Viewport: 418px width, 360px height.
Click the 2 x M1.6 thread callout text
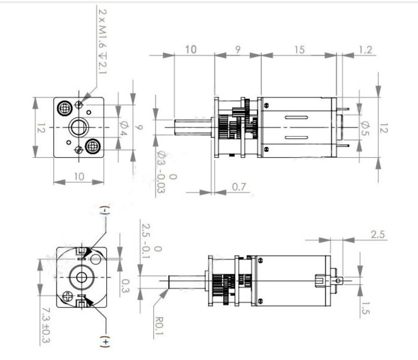click(x=102, y=41)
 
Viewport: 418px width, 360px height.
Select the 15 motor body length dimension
click(x=299, y=50)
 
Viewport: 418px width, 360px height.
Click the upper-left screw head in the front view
click(x=64, y=108)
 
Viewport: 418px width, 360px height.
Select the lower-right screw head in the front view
click(x=92, y=146)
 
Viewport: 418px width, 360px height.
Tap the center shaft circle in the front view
click(x=79, y=127)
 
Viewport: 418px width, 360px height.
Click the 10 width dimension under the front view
click(x=79, y=176)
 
